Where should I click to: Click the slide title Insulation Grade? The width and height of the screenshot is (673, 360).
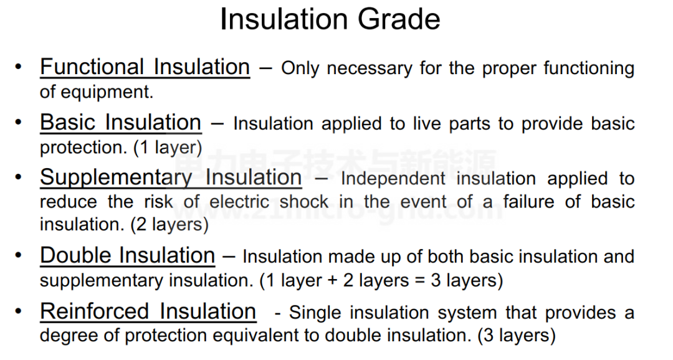coord(330,19)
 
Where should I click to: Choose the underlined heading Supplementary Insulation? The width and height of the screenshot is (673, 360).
coord(171,178)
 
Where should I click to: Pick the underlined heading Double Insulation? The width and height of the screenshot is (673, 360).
coord(128,255)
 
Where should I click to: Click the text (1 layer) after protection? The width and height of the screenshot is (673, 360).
coord(168,148)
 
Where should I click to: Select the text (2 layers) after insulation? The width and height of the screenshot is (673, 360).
coord(169,224)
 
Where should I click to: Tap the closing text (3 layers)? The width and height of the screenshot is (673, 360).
coord(517,335)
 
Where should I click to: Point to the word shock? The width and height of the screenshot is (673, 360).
coord(304,202)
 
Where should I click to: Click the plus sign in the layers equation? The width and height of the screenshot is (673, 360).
coord(332,281)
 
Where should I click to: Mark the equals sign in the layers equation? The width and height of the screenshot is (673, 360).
coord(420,281)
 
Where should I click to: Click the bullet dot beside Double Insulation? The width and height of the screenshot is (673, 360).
coord(18,255)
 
